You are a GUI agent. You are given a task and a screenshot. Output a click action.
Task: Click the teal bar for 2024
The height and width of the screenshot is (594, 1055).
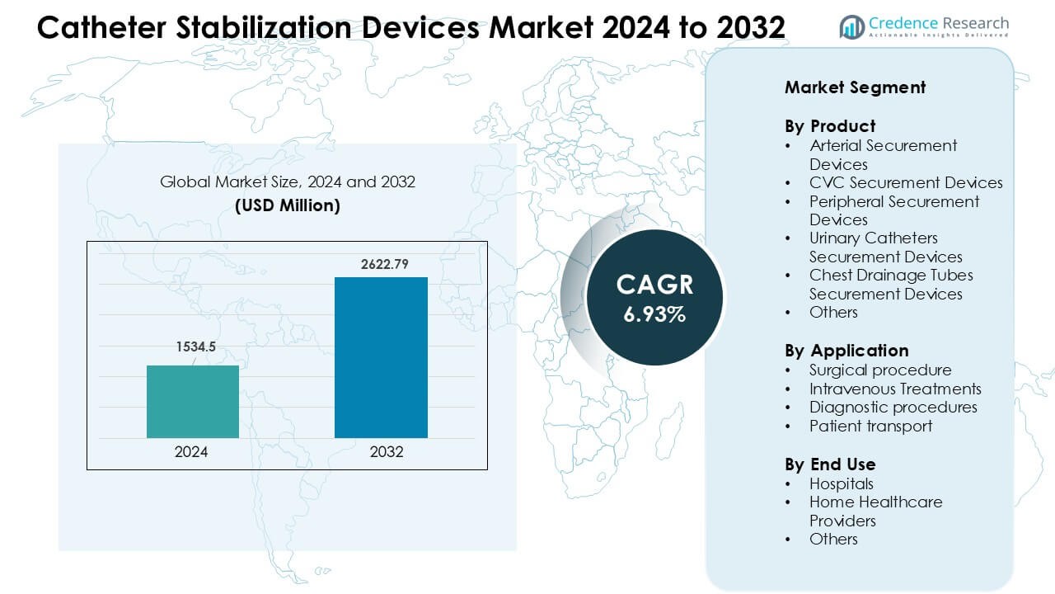tap(193, 402)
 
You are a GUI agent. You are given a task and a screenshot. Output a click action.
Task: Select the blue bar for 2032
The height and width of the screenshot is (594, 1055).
tap(381, 357)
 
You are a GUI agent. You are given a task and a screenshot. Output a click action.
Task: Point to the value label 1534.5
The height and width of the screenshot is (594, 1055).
tap(194, 347)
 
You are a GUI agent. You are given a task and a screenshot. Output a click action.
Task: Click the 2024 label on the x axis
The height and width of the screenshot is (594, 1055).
tap(192, 452)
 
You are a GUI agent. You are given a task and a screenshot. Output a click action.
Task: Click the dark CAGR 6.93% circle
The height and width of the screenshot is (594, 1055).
tap(654, 297)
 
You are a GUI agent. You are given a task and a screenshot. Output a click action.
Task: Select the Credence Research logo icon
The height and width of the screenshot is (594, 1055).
tap(851, 26)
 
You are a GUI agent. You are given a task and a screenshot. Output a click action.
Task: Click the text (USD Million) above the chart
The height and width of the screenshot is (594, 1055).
tap(288, 205)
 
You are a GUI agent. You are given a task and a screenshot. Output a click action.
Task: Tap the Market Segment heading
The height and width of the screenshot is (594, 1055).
tap(855, 87)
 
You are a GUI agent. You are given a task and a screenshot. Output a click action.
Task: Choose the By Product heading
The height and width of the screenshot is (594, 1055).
tap(829, 126)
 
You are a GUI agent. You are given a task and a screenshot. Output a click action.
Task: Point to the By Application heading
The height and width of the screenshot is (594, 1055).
tap(846, 351)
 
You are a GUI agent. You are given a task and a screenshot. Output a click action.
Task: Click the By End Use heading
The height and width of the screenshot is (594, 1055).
tap(829, 464)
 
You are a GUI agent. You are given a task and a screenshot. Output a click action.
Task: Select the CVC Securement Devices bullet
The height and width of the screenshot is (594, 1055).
tap(906, 183)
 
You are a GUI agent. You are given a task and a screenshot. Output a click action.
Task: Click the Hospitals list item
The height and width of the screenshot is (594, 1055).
tap(841, 483)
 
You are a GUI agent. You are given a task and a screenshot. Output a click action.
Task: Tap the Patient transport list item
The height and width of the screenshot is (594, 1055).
tap(870, 426)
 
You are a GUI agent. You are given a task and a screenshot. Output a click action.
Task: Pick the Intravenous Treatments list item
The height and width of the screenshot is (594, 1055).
tap(895, 389)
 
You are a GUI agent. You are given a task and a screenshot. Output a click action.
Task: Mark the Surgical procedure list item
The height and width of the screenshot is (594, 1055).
tap(880, 370)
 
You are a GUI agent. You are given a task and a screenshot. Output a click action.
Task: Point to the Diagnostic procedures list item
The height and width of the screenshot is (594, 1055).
tap(893, 407)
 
